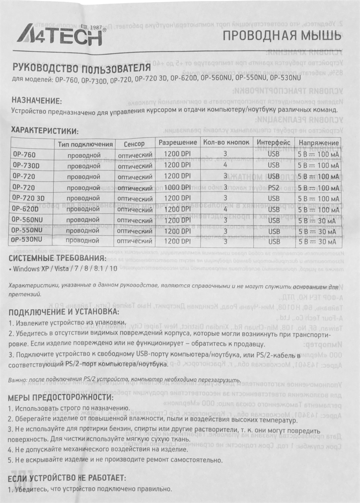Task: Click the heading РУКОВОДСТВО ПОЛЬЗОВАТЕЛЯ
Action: [81, 67]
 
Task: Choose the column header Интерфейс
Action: [273, 143]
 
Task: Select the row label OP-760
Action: [24, 154]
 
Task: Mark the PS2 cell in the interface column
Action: [273, 187]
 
